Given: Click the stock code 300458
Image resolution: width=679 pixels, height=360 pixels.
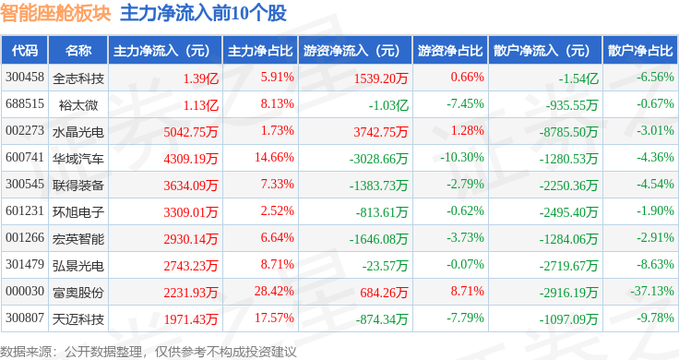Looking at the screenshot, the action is tap(25, 78).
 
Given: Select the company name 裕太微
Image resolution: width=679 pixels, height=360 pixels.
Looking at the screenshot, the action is tap(78, 105).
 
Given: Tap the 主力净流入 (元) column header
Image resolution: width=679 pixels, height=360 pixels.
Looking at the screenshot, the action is tap(161, 51).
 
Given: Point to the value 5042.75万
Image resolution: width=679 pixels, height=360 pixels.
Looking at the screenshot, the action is tap(191, 132).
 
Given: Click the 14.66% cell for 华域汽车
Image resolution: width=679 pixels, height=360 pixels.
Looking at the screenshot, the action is tap(274, 157).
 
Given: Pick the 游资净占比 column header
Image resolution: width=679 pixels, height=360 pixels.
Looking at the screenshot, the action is tap(450, 51).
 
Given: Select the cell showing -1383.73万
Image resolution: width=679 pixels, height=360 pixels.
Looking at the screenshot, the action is tap(378, 186).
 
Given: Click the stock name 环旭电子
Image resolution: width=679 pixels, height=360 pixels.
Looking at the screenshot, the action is tap(78, 212).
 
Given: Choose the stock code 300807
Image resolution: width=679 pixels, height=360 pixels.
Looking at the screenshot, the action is tap(25, 318).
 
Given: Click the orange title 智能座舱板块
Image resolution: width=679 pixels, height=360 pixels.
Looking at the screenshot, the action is tap(55, 13).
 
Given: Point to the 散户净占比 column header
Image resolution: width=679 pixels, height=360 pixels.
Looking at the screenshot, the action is tap(640, 51).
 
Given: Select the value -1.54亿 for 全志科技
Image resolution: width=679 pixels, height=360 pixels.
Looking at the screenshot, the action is tap(578, 78).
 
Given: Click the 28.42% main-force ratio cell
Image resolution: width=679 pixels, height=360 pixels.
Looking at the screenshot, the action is tap(274, 291).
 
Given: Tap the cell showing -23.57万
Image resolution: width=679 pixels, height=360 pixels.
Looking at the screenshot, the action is tap(385, 266).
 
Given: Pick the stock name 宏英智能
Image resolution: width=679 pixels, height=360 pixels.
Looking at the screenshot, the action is tap(78, 239).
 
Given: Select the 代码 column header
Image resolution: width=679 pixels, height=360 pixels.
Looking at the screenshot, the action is tap(25, 51).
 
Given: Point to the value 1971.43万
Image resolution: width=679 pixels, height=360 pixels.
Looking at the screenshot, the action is tap(191, 319).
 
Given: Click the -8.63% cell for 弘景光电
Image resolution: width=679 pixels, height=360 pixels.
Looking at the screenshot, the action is tap(655, 264).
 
